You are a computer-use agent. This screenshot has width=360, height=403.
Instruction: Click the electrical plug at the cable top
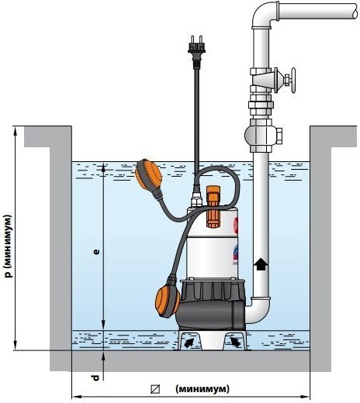click(x=197, y=52)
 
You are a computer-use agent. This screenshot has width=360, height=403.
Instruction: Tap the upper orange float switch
click(x=148, y=174)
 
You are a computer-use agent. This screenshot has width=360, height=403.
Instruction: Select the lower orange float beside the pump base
click(x=168, y=302)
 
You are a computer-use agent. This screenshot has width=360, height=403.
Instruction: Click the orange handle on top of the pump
click(x=213, y=207)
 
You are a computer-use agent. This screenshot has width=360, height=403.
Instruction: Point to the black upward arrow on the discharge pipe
click(x=261, y=265)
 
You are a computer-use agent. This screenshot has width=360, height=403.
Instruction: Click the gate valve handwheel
click(x=293, y=81)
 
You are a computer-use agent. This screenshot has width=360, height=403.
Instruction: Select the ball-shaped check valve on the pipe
click(x=262, y=135)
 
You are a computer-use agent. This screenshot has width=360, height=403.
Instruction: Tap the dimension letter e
click(x=96, y=252)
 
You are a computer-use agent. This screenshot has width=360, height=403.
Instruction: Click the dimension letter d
click(x=96, y=377)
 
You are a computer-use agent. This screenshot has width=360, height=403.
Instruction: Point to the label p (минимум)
click(x=9, y=246)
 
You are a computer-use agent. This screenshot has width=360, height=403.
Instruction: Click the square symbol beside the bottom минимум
click(x=155, y=389)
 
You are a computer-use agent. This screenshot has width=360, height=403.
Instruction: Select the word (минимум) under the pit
click(x=202, y=388)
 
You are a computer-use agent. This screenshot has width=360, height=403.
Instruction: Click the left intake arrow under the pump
click(x=189, y=343)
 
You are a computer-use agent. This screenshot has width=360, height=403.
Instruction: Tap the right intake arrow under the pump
click(x=235, y=342)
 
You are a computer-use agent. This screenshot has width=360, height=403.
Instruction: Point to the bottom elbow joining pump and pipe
click(x=258, y=311)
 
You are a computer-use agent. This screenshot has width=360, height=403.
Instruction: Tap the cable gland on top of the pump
click(x=196, y=200)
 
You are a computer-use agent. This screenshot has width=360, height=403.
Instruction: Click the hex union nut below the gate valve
click(x=261, y=105)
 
